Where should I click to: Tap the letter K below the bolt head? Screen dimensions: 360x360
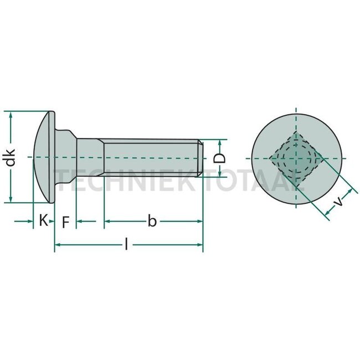(43, 221)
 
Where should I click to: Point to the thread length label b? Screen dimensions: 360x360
(152, 222)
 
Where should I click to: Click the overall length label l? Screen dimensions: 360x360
(126, 244)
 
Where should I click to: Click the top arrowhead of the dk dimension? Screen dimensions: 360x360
(11, 115)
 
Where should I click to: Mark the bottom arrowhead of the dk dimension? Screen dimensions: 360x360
(11, 200)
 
